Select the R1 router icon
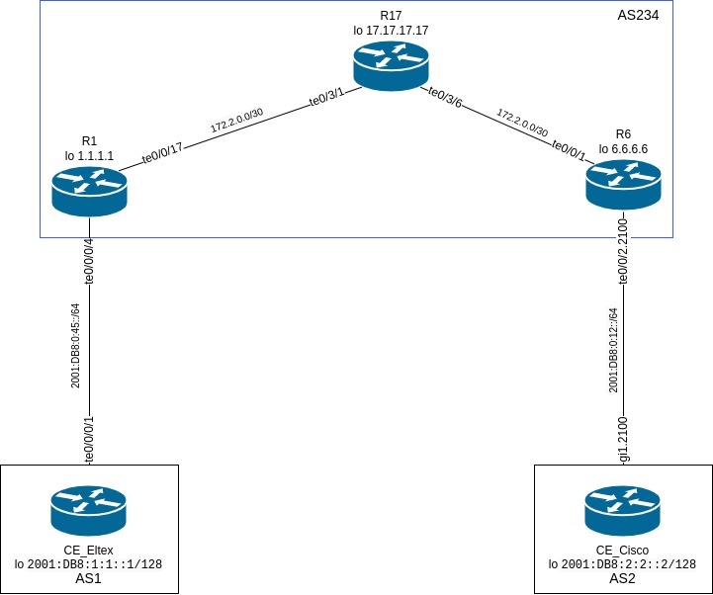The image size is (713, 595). coord(90,189)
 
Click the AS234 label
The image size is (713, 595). coord(637,16)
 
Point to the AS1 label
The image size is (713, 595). coord(89,579)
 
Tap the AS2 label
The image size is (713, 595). coord(622,579)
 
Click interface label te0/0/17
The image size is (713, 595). coord(163,154)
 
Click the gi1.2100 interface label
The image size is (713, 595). coord(623,440)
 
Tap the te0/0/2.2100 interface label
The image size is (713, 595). coord(623,252)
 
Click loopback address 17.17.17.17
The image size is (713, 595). coord(397,31)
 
